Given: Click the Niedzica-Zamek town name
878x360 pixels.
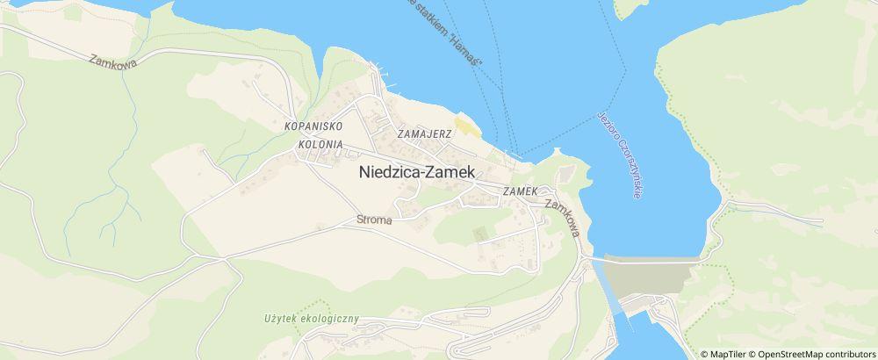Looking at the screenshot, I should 417,173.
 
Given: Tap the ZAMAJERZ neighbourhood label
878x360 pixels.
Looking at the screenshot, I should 424,134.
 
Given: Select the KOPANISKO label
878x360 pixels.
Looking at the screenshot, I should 312,126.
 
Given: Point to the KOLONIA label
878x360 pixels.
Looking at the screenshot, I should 319,143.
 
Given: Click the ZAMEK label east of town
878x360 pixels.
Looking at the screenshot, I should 520,191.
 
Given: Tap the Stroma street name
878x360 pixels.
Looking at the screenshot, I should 374,220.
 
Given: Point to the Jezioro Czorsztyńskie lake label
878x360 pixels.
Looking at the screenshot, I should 619,155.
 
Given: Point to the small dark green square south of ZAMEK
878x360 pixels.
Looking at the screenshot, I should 479,234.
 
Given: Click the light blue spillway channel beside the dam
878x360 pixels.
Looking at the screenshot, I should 608,286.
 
